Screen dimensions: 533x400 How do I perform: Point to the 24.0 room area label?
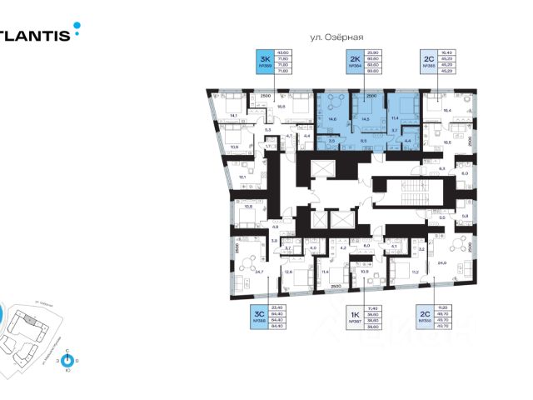(x=453, y=262)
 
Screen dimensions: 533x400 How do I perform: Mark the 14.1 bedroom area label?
(x=234, y=116)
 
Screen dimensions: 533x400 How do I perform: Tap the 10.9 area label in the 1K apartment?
(x=363, y=272)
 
